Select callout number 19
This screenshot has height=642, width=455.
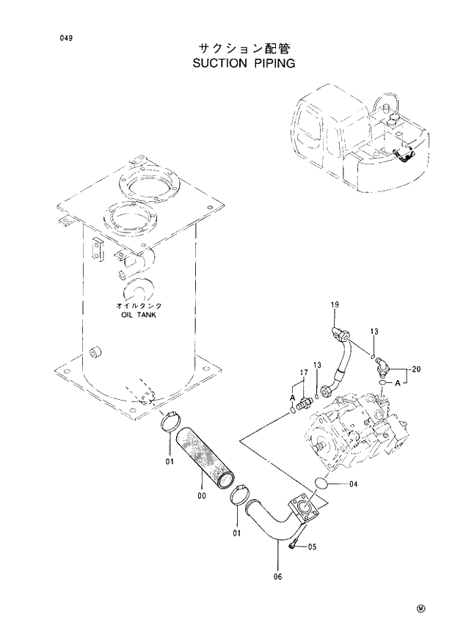coord(334,304)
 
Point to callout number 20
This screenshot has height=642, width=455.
coord(417,369)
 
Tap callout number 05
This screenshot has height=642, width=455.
coord(312,547)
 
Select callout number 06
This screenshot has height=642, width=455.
coord(277,577)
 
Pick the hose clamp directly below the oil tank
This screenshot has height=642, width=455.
coord(171,423)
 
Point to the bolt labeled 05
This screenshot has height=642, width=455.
coord(294,544)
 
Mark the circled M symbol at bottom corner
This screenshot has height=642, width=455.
coord(421,608)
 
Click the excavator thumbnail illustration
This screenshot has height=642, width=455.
coord(359,139)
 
